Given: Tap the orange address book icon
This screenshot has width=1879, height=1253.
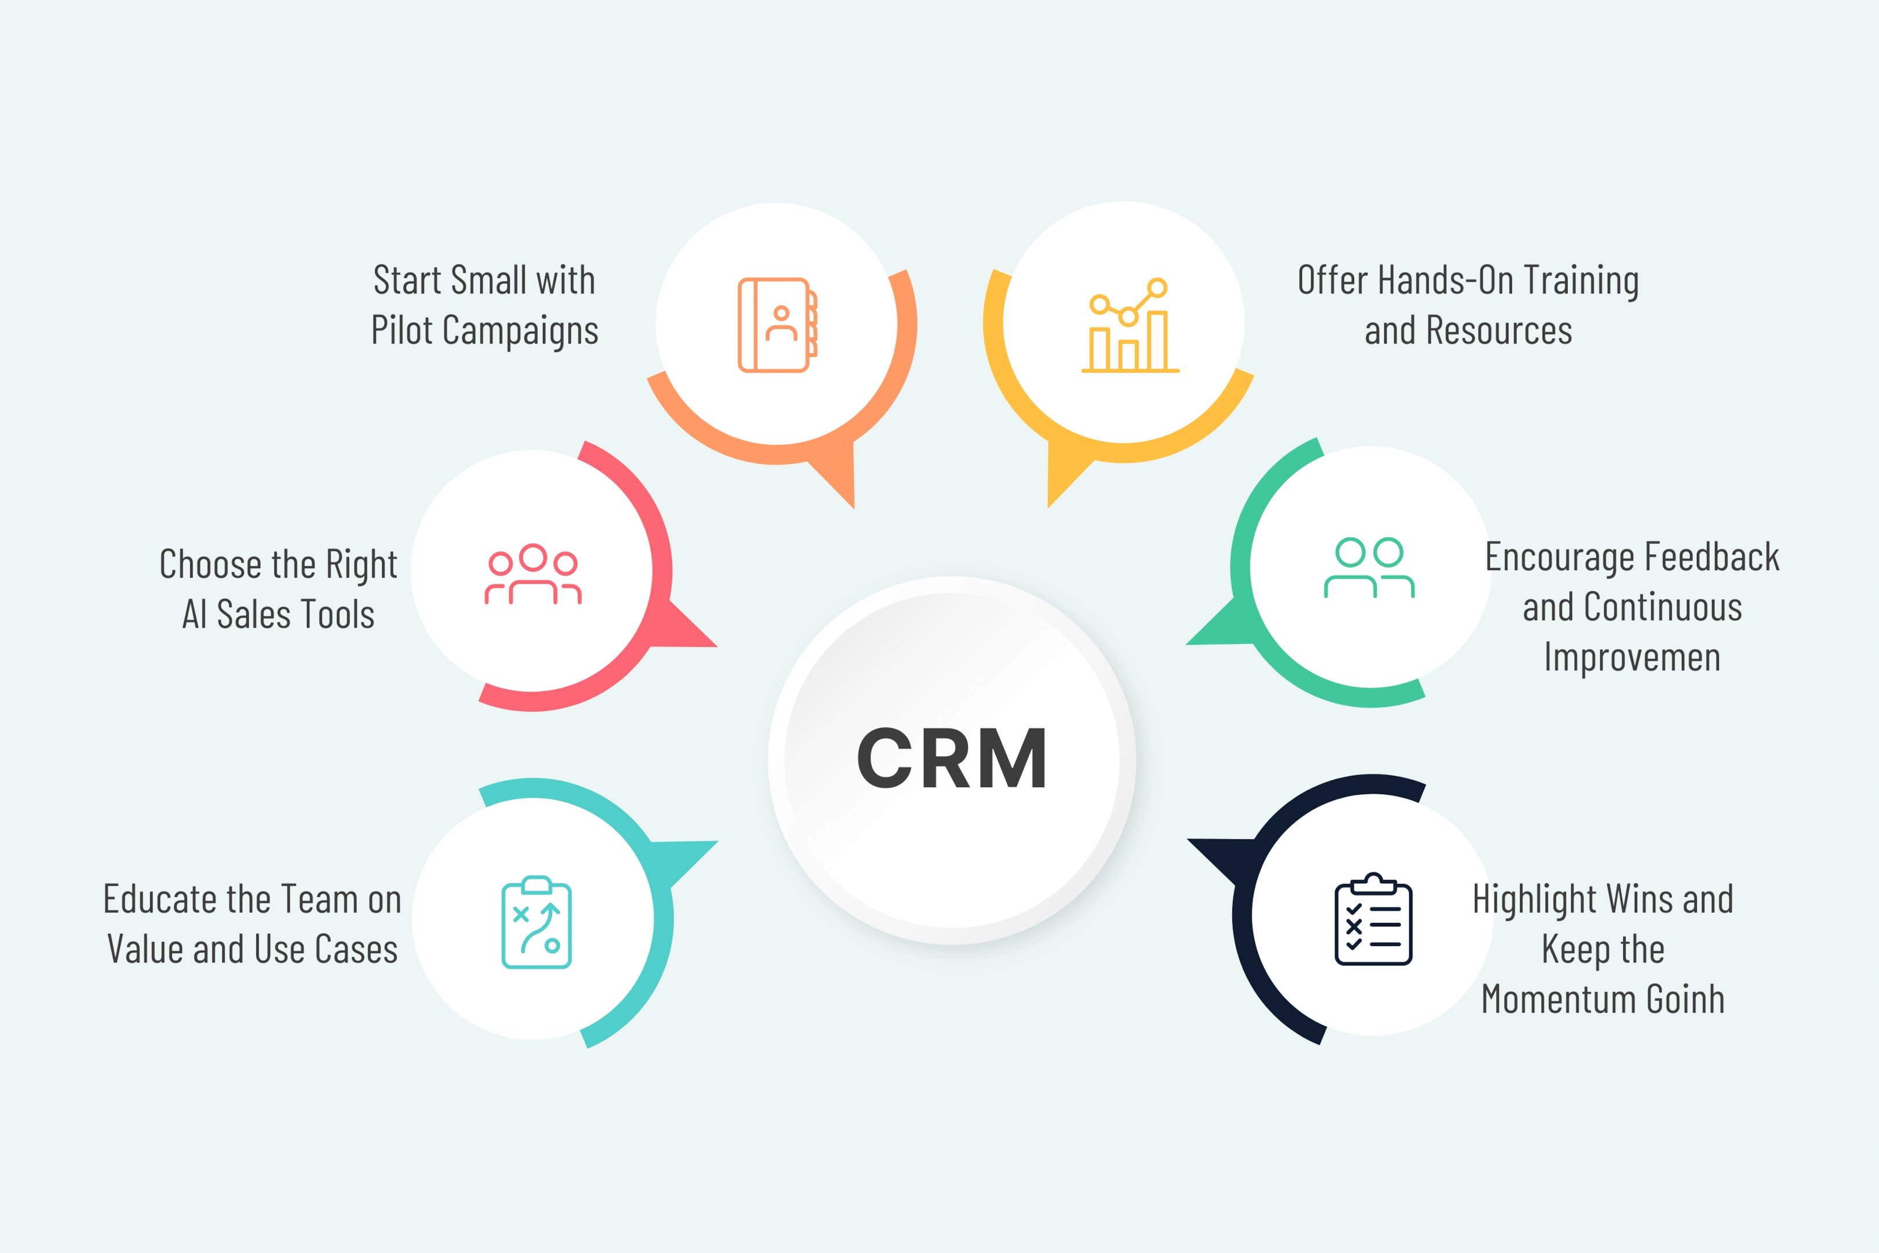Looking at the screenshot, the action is tap(777, 324).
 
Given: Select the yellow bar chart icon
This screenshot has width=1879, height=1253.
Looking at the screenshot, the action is tap(1130, 324).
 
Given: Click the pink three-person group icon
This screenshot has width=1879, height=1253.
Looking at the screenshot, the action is tap(533, 574).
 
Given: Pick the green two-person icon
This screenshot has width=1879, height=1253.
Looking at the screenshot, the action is tap(1369, 567).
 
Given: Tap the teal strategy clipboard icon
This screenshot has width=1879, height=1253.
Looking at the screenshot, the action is tap(536, 922).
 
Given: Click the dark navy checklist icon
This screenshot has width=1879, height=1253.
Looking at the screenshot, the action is tap(1373, 919).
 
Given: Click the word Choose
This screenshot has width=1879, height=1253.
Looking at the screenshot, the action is tap(210, 564).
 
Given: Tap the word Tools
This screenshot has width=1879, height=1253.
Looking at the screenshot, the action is tap(336, 614).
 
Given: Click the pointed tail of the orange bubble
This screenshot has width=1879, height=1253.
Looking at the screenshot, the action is tap(853, 506).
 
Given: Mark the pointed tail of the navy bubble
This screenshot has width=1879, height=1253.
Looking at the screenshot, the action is tap(1189, 840).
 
